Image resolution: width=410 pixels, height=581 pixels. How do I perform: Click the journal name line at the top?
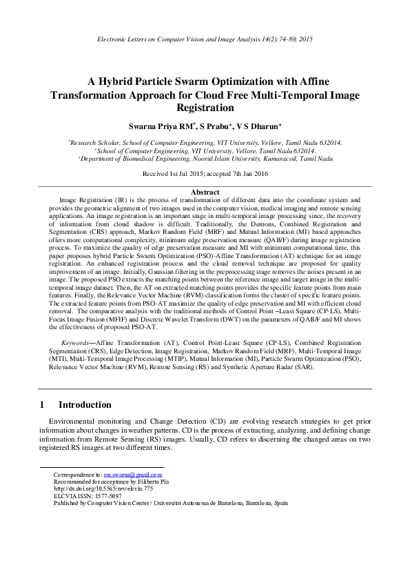205,40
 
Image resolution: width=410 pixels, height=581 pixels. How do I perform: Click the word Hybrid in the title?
119,80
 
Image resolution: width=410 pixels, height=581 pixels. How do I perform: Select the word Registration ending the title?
205,108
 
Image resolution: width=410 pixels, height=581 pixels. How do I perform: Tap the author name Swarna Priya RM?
172,127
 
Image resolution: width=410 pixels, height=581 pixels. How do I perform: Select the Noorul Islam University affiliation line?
205,158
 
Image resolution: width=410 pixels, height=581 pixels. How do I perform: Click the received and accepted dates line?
205,175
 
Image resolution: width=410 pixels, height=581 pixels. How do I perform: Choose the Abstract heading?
205,192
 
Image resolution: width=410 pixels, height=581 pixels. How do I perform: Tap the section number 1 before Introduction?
42,404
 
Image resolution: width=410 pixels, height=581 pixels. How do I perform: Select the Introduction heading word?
85,404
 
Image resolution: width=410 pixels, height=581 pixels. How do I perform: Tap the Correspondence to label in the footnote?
76,475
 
